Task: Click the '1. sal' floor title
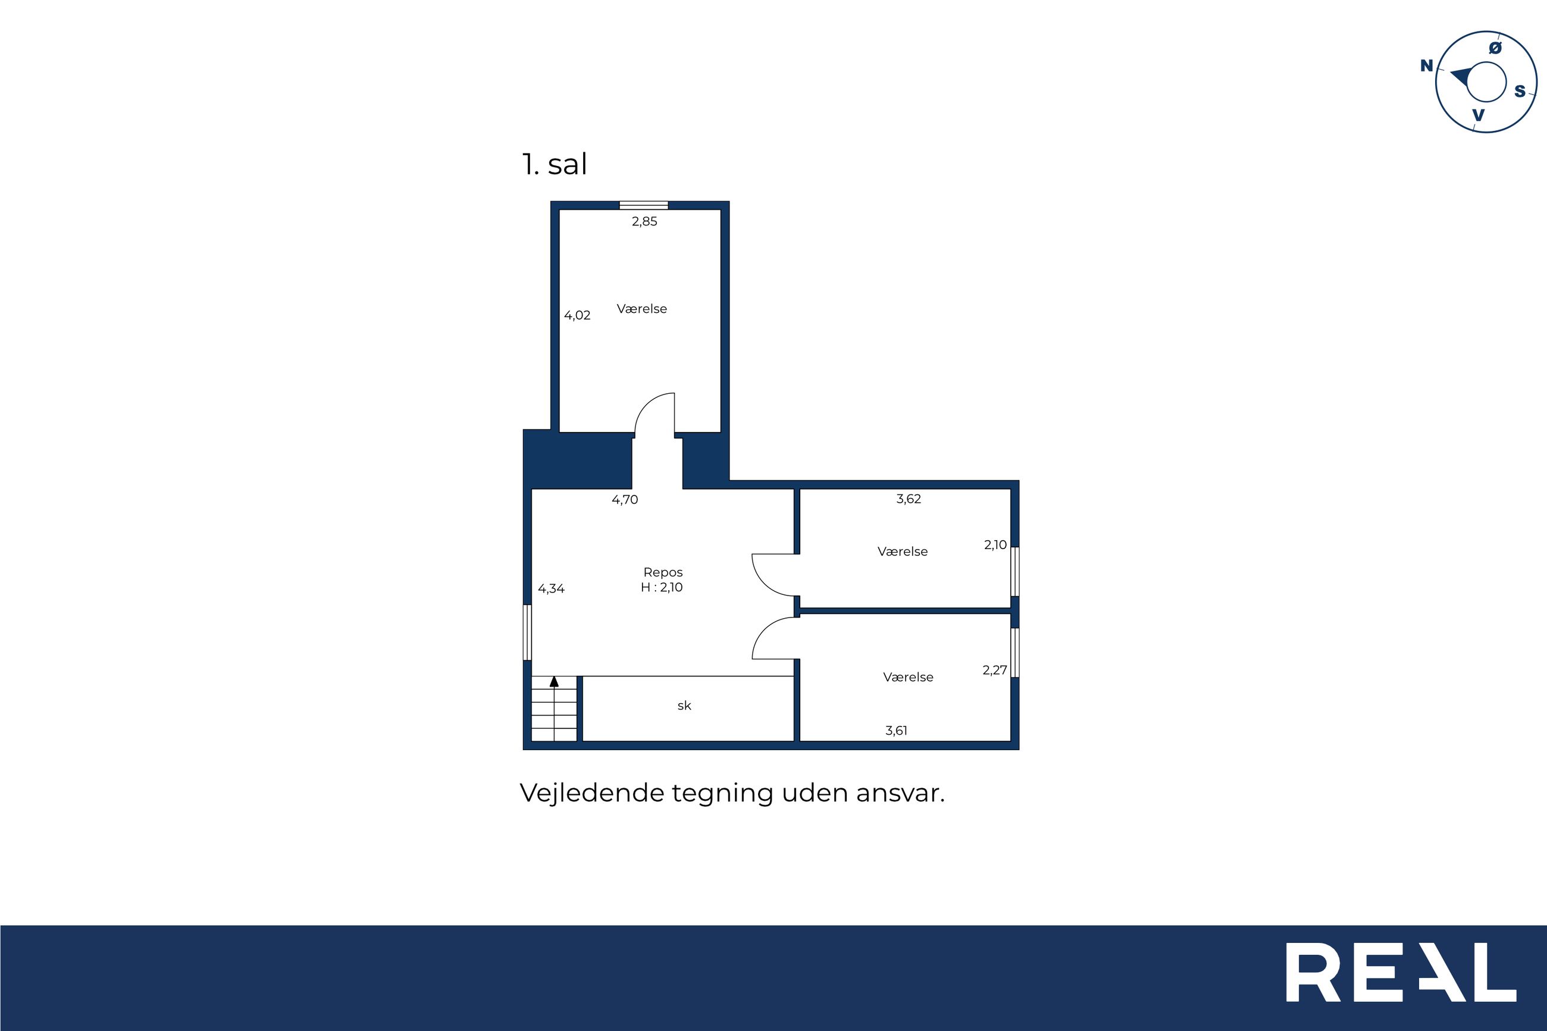[x=554, y=164]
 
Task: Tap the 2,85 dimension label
[x=644, y=221]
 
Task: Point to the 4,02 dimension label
[x=577, y=316]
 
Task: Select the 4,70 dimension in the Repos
[x=625, y=500]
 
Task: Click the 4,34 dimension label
[x=551, y=588]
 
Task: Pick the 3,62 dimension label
[x=909, y=499]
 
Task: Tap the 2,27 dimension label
[x=995, y=670]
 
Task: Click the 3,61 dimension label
[x=896, y=731]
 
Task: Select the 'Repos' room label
[x=663, y=573]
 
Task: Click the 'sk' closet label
[x=684, y=706]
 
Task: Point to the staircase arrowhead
[x=554, y=682]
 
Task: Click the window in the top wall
[x=644, y=205]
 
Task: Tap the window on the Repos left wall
[x=527, y=632]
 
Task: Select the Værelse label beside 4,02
[x=641, y=309]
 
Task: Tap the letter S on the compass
[x=1520, y=92]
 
